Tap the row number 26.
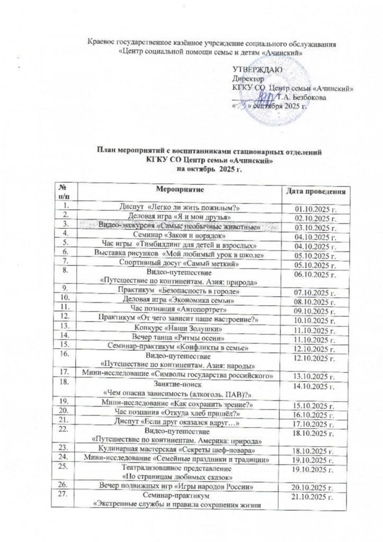(66, 484)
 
